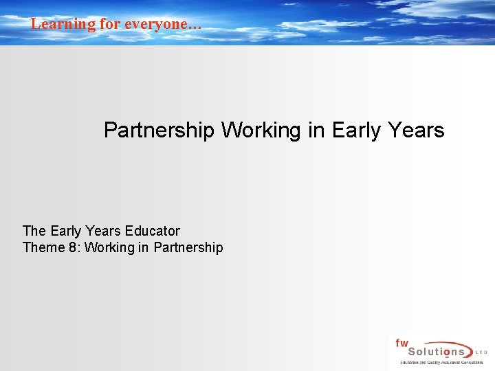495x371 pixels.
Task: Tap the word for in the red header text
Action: pos(111,24)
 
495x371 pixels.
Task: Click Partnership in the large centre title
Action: pos(159,130)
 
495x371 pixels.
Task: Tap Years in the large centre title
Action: pos(415,130)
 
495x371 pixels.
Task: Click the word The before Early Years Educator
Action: pos(34,231)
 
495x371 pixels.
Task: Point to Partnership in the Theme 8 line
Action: pos(188,247)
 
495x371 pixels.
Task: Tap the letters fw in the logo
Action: pos(401,343)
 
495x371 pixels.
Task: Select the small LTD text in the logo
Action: pos(481,352)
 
